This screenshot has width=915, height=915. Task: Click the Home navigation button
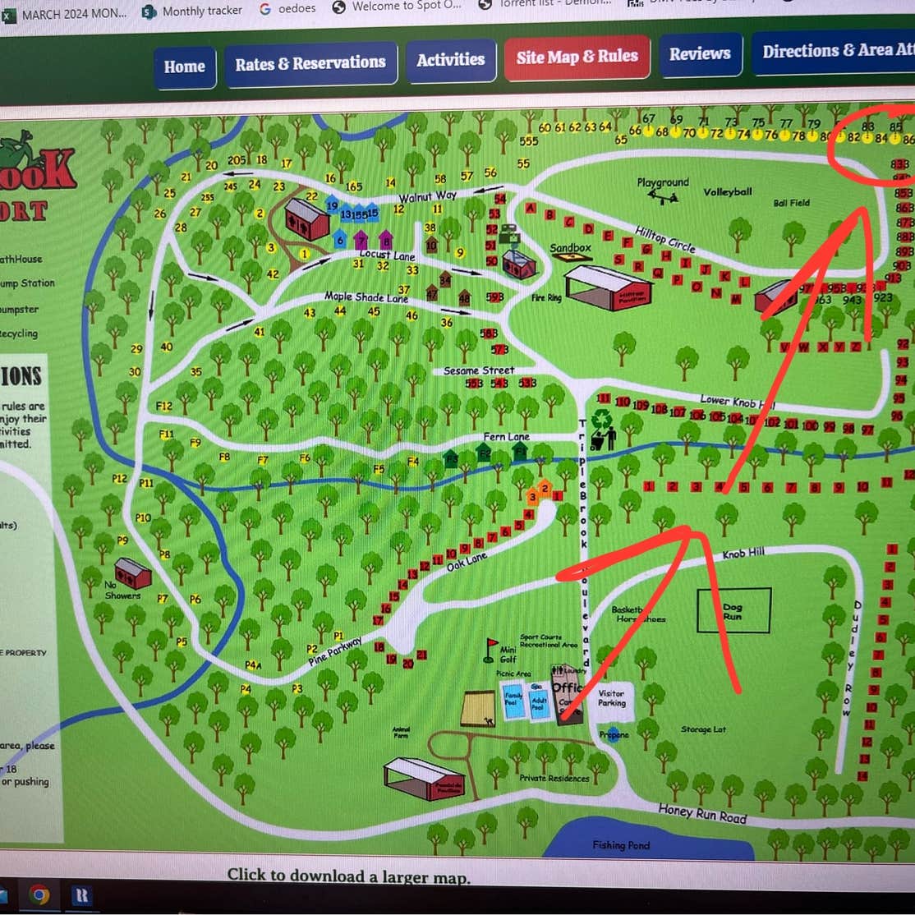click(184, 67)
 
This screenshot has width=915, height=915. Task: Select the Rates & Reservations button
click(310, 63)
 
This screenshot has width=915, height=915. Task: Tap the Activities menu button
click(450, 60)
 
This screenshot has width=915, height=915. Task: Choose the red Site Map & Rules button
click(577, 57)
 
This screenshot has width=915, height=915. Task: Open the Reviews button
click(699, 54)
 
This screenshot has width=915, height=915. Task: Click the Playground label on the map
click(663, 182)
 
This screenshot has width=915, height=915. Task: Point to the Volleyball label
click(727, 192)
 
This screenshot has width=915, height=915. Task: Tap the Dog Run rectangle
click(733, 610)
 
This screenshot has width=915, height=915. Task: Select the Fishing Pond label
click(621, 845)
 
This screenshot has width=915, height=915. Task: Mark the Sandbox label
click(570, 247)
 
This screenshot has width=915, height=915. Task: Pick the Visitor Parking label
click(611, 697)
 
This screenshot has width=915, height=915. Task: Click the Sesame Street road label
click(479, 370)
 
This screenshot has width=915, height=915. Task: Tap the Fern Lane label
click(506, 437)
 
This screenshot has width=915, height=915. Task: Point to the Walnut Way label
click(427, 197)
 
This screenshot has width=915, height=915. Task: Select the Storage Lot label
click(703, 729)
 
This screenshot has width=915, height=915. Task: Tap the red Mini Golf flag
click(492, 646)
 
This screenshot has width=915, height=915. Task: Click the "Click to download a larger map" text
click(348, 876)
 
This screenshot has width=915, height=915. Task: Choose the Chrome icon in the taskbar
click(39, 894)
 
